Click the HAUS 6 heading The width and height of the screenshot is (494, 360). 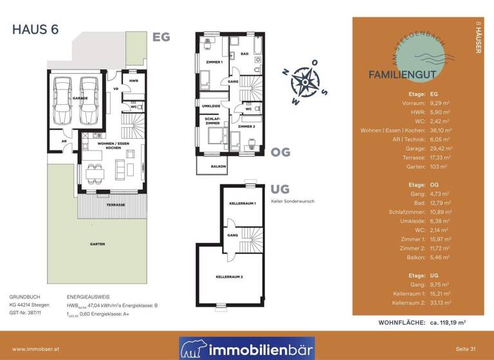pyautogui.click(x=35, y=30)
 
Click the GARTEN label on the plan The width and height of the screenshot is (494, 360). pyautogui.click(x=97, y=244)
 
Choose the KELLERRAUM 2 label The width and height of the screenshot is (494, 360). pyautogui.click(x=230, y=276)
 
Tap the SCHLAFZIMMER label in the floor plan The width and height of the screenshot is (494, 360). pyautogui.click(x=212, y=121)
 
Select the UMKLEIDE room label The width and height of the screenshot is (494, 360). pyautogui.click(x=212, y=105)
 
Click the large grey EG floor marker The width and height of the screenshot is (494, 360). pyautogui.click(x=161, y=37)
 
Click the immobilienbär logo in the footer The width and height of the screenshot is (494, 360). pyautogui.click(x=247, y=348)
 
